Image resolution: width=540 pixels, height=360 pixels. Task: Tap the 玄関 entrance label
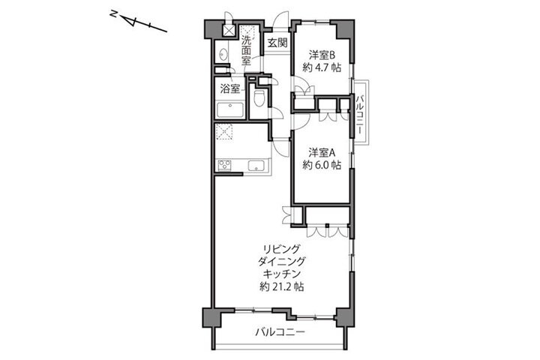277,43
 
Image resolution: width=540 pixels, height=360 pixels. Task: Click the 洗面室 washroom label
245,50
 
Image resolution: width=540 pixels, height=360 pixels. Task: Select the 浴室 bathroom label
230,89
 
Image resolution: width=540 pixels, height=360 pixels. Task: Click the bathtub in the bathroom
229,110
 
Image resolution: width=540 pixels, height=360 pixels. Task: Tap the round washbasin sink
223,54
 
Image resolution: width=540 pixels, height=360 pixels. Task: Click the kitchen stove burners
224,165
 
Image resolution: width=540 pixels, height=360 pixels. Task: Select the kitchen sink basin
256,165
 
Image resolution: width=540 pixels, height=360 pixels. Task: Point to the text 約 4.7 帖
322,67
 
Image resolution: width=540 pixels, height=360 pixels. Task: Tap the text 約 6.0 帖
322,165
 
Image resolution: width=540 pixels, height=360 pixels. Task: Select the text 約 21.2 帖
282,286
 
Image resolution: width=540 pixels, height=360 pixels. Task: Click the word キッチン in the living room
282,274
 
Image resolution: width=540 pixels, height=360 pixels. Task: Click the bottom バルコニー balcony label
280,332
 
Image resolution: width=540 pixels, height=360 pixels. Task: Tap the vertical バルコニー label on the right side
359,114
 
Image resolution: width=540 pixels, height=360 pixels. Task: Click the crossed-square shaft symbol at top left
228,31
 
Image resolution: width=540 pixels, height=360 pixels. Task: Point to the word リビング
282,249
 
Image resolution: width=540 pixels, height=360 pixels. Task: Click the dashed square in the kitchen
223,132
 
